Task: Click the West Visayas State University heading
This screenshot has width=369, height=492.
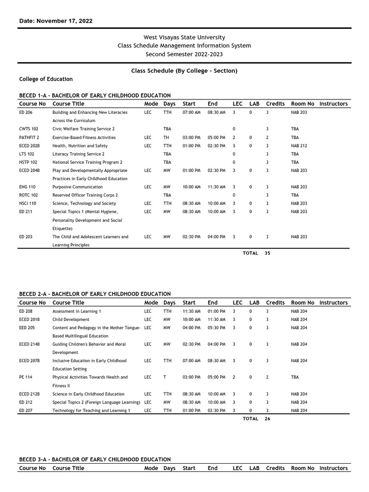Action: click(184, 37)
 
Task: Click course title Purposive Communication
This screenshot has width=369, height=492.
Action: click(77, 187)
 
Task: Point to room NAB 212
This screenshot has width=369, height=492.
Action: click(299, 146)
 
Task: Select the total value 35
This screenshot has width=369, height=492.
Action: click(268, 253)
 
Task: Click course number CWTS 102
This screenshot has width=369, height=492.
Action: click(28, 129)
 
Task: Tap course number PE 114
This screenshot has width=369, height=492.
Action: click(25, 377)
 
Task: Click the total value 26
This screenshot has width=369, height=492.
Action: click(268, 419)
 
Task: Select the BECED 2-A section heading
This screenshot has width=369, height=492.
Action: click(95, 294)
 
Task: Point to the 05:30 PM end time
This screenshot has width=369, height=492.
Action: click(216, 328)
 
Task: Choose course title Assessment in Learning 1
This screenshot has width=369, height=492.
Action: click(77, 311)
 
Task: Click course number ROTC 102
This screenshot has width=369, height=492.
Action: click(28, 195)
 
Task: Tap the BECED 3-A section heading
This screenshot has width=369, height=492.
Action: click(95, 459)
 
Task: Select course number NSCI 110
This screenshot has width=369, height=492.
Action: click(27, 203)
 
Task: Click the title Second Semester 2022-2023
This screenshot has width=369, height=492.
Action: click(184, 54)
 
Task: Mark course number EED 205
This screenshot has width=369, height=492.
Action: click(26, 328)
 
